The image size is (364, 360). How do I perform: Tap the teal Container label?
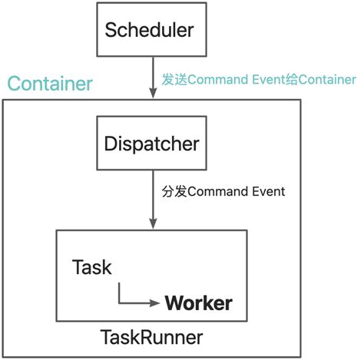49,82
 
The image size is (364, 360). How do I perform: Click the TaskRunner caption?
152,337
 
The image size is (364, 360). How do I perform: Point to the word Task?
91,267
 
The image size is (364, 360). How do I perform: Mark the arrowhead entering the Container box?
153,94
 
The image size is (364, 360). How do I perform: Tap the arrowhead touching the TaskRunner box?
153,223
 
